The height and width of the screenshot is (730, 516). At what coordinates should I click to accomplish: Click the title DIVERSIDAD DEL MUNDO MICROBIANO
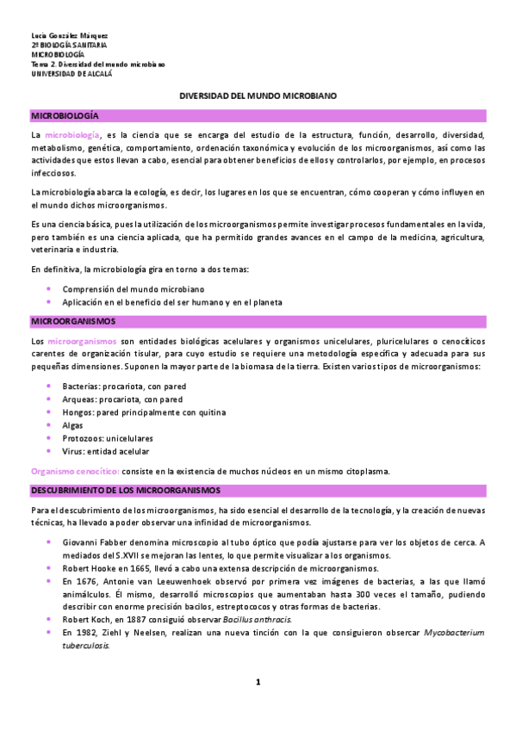coord(258,97)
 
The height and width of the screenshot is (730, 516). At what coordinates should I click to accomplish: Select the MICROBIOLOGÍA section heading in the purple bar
coord(65,114)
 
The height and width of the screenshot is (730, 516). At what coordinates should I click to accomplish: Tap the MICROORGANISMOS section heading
coord(73,321)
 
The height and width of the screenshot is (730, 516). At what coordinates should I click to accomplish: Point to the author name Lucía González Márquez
coord(70,35)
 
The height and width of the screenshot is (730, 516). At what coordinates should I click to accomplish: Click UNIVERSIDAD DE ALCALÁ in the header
coord(71,74)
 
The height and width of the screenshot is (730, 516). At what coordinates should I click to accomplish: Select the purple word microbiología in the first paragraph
coord(72,135)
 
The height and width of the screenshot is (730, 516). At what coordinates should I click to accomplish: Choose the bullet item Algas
coord(72,425)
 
